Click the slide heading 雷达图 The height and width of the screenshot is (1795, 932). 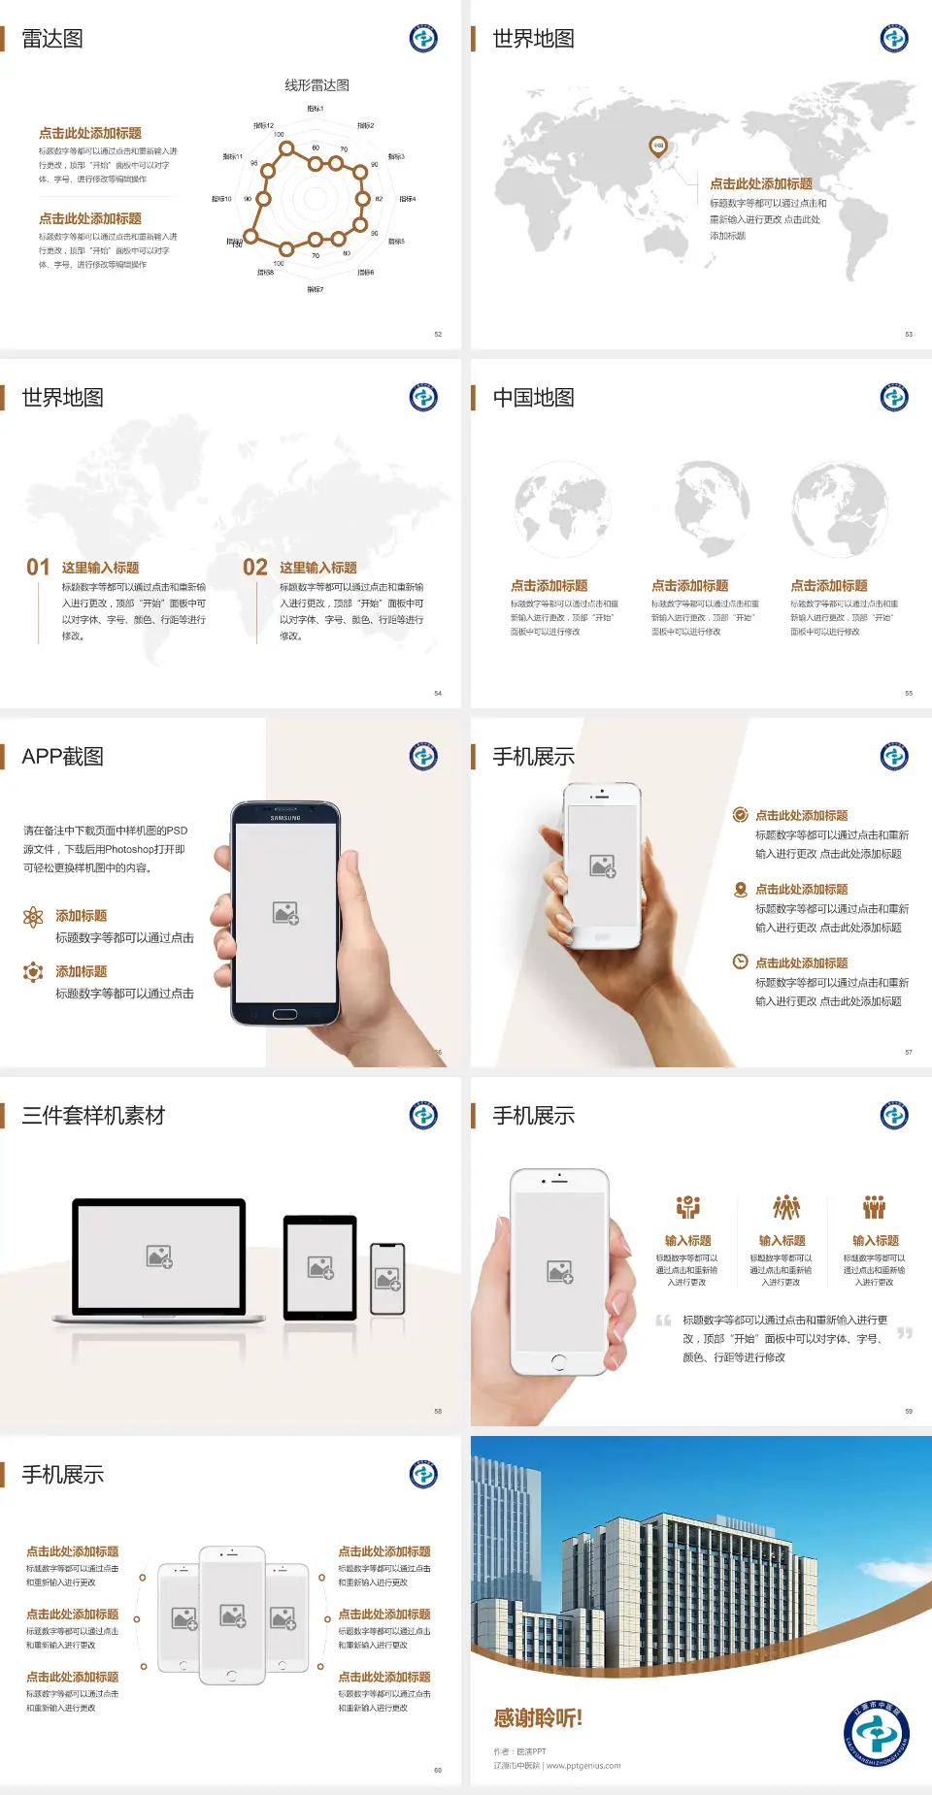[x=52, y=39]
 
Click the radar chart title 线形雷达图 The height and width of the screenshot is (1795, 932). [x=316, y=85]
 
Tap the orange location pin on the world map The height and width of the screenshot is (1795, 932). [x=658, y=147]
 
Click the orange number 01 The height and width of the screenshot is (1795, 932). [x=38, y=568]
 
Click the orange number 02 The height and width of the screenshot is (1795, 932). [x=255, y=568]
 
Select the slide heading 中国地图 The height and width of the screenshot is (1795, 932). [x=533, y=398]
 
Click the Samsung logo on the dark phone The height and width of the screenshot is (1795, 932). [x=285, y=818]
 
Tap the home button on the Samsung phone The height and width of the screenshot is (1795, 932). [x=284, y=1014]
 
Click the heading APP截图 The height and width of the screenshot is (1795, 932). [x=63, y=757]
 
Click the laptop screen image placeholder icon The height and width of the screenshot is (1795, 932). [x=159, y=1256]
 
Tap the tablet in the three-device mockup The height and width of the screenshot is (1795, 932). [x=320, y=1267]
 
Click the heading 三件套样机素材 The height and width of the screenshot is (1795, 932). [x=93, y=1116]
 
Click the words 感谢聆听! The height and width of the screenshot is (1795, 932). [x=538, y=1718]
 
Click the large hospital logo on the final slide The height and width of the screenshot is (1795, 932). [x=876, y=1733]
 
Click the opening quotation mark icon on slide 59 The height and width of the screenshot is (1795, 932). [x=663, y=1321]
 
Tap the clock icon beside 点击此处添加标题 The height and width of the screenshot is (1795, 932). [x=740, y=962]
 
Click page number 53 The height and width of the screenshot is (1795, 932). [x=909, y=334]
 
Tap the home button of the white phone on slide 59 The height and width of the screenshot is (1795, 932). [x=558, y=1362]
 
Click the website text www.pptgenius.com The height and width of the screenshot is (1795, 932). [x=583, y=1766]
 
